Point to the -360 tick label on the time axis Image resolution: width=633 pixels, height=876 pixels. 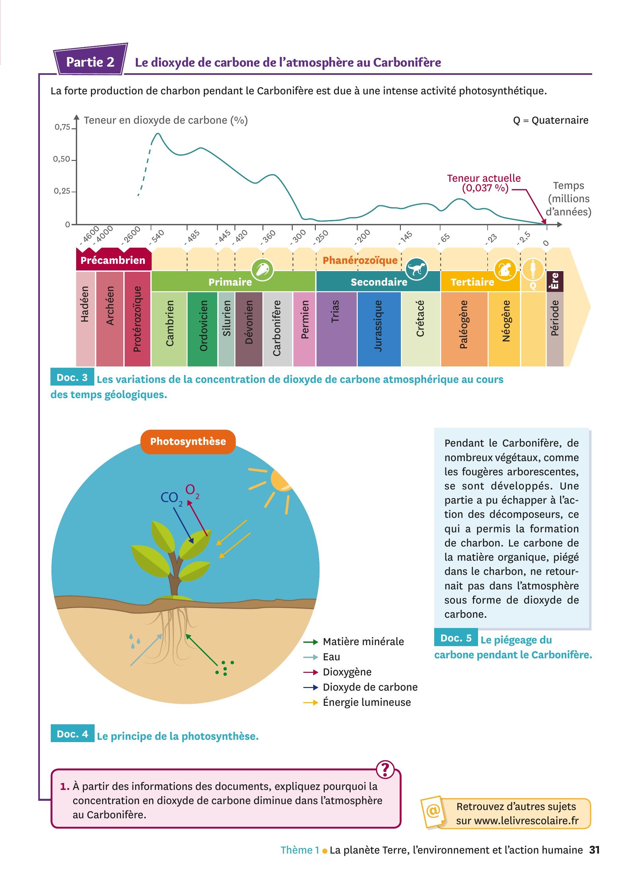point(268,236)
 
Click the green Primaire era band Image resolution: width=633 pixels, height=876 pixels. point(233,281)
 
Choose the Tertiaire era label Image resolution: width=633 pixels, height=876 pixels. point(472,282)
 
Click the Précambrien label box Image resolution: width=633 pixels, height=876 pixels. point(113,260)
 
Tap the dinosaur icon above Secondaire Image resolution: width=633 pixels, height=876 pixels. point(416,269)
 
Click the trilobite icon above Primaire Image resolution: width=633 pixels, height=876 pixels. point(262,269)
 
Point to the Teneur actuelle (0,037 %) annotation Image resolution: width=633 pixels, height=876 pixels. point(484,183)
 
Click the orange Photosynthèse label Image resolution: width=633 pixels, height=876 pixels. point(188,442)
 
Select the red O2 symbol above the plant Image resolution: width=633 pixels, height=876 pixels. point(192,490)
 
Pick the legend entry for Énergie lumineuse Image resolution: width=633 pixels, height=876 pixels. point(357,702)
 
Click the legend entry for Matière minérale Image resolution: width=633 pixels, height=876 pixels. point(353,641)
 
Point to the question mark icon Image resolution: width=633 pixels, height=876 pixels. point(385,769)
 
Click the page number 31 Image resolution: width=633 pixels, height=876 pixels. point(594,850)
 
